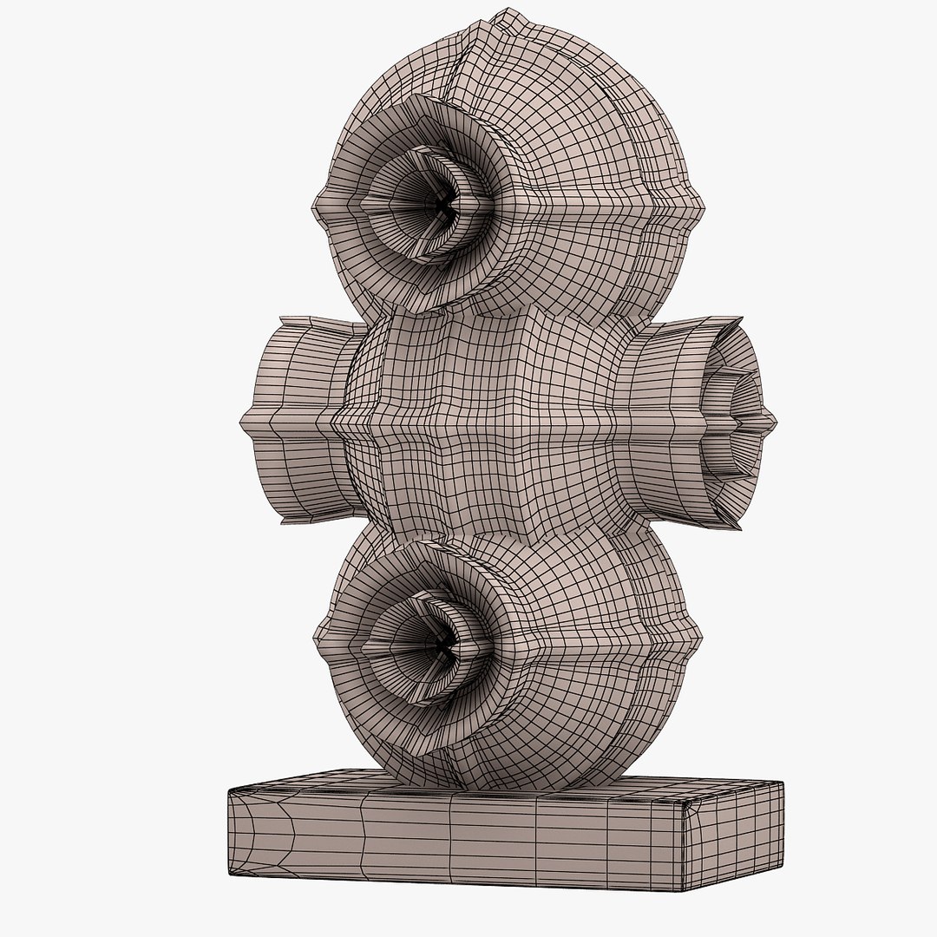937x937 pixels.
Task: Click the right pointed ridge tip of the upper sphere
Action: (704, 213)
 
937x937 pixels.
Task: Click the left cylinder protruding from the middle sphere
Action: (299, 421)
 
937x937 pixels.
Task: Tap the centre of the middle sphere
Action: (486, 425)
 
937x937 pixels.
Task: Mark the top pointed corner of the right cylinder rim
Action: (740, 318)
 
